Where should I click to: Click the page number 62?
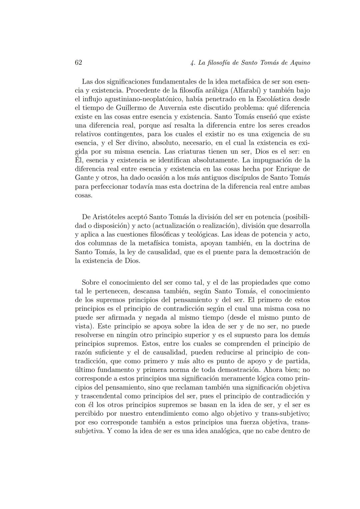point(78,63)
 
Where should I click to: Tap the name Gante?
point(84,178)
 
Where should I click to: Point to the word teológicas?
point(201,235)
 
